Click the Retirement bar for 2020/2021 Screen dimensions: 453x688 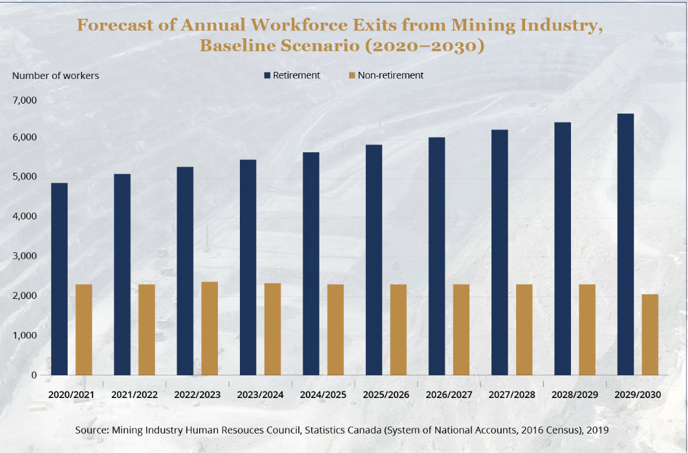(59, 279)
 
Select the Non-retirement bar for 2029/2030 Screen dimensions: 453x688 (650, 335)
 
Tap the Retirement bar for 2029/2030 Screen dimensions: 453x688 (625, 245)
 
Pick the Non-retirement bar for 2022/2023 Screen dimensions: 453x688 (210, 328)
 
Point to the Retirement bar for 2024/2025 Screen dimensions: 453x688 (311, 263)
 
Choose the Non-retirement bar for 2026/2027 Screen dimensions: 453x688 (461, 329)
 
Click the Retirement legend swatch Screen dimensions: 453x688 (267, 76)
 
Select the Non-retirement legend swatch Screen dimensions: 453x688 (352, 76)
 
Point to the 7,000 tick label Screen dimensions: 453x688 (24, 101)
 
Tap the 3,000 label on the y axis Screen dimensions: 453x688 (24, 256)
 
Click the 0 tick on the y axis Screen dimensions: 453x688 (34, 375)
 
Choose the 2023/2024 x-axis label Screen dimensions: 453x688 (260, 395)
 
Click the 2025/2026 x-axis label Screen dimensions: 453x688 (386, 395)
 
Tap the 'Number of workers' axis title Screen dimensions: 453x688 (56, 76)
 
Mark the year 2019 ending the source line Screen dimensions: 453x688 (598, 430)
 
